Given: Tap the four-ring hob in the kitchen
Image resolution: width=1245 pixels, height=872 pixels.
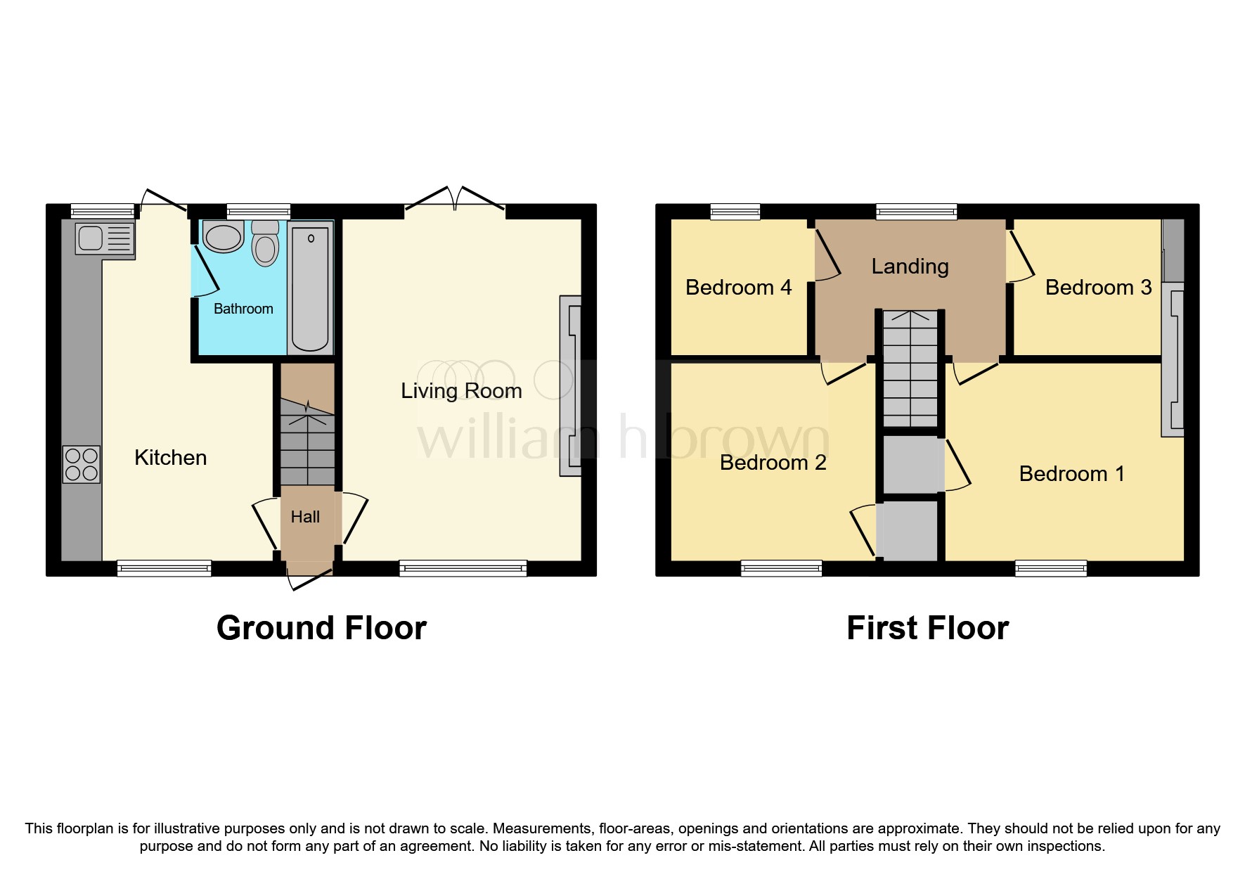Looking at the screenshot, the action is tap(82, 465).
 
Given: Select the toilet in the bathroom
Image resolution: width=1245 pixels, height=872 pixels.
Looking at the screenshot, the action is tap(265, 243).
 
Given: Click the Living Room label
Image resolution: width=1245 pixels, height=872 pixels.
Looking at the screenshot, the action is tap(461, 391).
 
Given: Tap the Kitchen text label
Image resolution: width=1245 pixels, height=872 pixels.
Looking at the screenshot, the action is tap(171, 458).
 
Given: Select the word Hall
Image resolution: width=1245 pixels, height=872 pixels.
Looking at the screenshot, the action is tap(305, 517).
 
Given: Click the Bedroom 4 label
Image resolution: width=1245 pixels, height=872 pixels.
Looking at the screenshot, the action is tap(738, 287).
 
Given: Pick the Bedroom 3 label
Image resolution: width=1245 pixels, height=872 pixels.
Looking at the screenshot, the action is tap(1098, 287).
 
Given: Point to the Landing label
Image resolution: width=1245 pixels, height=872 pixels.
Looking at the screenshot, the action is tap(910, 267).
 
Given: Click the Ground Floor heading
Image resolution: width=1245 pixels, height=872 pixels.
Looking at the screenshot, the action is tap(321, 628).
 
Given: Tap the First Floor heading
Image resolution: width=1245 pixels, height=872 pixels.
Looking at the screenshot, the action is tap(927, 628).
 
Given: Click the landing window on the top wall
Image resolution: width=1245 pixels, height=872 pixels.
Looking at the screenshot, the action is tap(916, 211).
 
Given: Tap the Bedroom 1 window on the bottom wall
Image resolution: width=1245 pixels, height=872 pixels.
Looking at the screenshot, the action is tap(1051, 568).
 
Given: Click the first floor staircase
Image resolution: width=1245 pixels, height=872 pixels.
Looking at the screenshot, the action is tap(910, 368).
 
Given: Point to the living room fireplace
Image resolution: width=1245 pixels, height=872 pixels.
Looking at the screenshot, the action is tap(570, 386).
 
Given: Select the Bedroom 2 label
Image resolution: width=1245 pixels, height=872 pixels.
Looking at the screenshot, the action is tap(773, 462).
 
